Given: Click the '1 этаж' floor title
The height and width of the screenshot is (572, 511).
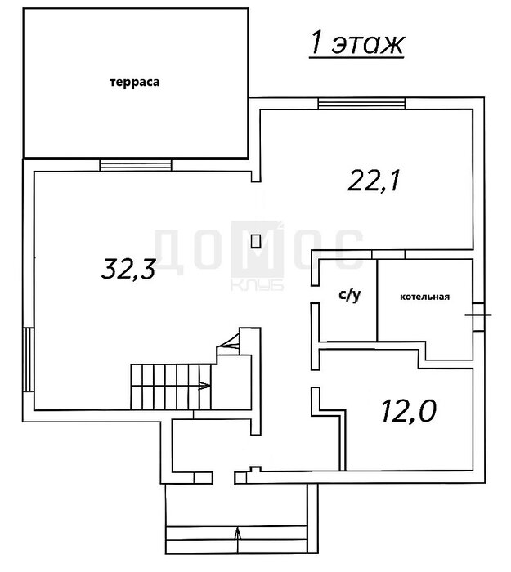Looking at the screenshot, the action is pyautogui.click(x=357, y=44).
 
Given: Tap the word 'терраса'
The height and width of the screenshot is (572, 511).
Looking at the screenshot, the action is pyautogui.click(x=135, y=82).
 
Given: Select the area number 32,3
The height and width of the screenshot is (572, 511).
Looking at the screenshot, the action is pyautogui.click(x=128, y=269).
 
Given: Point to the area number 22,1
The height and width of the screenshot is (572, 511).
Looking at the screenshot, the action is pyautogui.click(x=374, y=181).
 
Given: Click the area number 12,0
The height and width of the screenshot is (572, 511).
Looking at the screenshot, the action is pyautogui.click(x=409, y=411).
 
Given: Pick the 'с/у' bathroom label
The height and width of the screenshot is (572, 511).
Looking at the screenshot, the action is pyautogui.click(x=350, y=295).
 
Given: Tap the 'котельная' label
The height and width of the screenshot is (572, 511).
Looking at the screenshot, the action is pyautogui.click(x=425, y=297).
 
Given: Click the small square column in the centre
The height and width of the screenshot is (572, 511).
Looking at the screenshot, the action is pyautogui.click(x=256, y=241).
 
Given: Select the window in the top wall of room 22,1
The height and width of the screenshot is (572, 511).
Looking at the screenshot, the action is pyautogui.click(x=361, y=103).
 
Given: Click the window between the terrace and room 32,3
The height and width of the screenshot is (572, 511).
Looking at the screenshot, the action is pyautogui.click(x=136, y=165).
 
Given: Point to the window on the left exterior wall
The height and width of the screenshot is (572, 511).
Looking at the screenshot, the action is pyautogui.click(x=29, y=360).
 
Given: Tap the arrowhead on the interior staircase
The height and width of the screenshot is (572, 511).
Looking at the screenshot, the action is pyautogui.click(x=204, y=385).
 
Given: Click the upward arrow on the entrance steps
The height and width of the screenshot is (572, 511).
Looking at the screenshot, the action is pyautogui.click(x=238, y=539).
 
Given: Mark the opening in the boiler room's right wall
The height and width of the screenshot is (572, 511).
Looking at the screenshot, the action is pyautogui.click(x=478, y=317).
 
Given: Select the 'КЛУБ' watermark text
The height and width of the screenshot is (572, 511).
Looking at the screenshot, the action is pyautogui.click(x=257, y=285).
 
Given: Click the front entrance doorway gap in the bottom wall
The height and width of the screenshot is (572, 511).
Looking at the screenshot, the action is pyautogui.click(x=223, y=477).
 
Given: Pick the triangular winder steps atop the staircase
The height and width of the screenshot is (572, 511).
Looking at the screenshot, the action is pyautogui.click(x=228, y=343).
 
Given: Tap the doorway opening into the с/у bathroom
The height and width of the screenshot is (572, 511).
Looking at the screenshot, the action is pyautogui.click(x=316, y=294).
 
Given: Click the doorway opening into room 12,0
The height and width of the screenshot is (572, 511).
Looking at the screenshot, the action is pyautogui.click(x=316, y=378).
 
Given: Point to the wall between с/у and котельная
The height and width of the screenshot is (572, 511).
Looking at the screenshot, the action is pyautogui.click(x=377, y=300).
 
